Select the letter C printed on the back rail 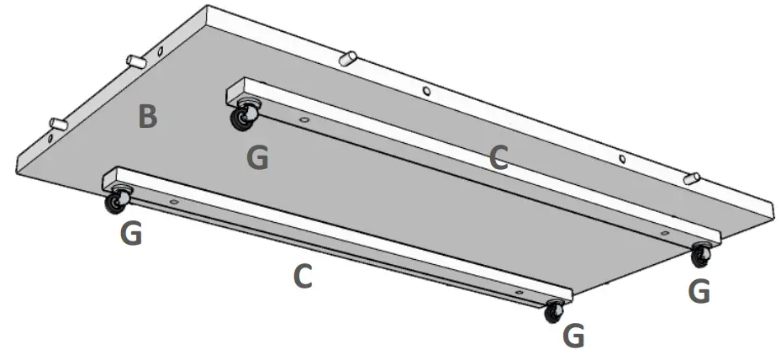pos(499,157)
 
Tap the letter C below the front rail pos(303,276)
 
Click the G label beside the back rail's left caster pos(257,157)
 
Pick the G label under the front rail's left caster pos(130,233)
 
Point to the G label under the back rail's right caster pos(699,291)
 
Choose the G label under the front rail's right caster pos(573,336)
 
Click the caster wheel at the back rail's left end pos(243,117)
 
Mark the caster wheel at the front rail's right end pos(553,312)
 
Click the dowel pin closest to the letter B pos(135,61)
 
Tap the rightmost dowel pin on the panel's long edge pos(691,177)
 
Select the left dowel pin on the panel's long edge pos(348,58)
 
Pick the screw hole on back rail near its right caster pos(664,232)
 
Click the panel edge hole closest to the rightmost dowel pos(622,158)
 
